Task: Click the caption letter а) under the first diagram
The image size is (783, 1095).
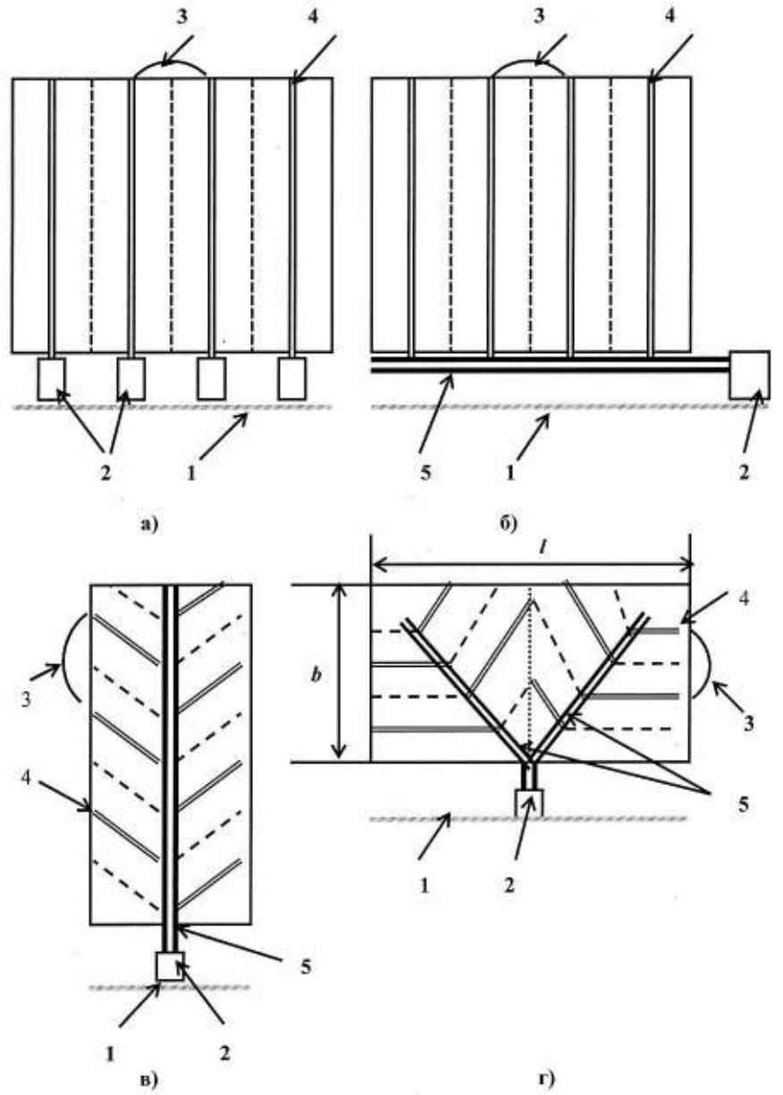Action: click(x=149, y=525)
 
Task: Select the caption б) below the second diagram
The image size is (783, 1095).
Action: click(x=509, y=524)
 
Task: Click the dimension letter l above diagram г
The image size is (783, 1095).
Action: click(x=542, y=549)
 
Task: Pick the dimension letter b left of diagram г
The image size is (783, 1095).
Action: click(x=316, y=675)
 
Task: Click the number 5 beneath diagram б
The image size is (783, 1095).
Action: click(x=425, y=473)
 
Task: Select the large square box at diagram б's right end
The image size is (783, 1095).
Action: click(x=749, y=375)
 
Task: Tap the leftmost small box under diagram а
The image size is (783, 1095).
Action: click(x=51, y=379)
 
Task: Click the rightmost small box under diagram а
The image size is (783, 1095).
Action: click(x=292, y=379)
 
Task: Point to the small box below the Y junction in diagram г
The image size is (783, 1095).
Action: click(x=529, y=804)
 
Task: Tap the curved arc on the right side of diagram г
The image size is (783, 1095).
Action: click(x=703, y=662)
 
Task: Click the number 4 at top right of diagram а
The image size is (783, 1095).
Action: click(x=313, y=16)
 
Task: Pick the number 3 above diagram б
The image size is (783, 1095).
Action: click(x=539, y=16)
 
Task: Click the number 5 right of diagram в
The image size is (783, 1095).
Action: click(x=306, y=966)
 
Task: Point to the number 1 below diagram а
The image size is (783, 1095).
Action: click(x=191, y=473)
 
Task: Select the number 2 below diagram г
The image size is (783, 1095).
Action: click(x=509, y=885)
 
